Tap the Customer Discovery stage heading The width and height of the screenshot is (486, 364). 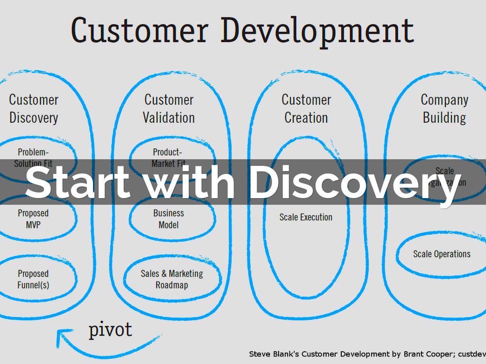coord(34,109)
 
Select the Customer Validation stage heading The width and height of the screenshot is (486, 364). coord(169,109)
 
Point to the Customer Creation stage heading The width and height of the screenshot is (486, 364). coord(306,109)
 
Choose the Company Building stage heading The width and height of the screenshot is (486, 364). coord(444,109)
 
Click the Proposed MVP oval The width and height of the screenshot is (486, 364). coord(33,219)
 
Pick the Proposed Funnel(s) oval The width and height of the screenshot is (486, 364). coord(33,279)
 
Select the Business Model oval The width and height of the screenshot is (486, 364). coord(168,219)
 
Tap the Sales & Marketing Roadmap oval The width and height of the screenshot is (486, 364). coord(171,279)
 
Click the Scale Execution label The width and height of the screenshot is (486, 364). coord(306,217)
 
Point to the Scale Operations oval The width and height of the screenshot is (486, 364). coord(441,254)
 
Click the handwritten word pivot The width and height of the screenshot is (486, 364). coord(110,329)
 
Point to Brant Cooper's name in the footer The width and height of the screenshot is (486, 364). coord(418,354)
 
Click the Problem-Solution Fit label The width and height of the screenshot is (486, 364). coord(33,156)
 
